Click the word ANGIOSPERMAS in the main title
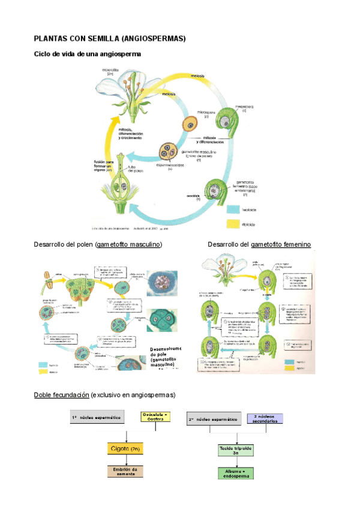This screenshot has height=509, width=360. click(x=154, y=38)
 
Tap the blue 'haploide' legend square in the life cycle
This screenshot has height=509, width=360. click(x=235, y=210)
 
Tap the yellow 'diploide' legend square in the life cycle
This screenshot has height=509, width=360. click(x=235, y=224)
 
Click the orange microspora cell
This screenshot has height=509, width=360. click(x=190, y=125)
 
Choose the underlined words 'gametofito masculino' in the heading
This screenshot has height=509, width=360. click(x=129, y=245)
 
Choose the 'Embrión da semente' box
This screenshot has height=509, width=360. click(x=126, y=471)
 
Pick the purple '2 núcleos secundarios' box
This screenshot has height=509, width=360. click(x=264, y=418)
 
